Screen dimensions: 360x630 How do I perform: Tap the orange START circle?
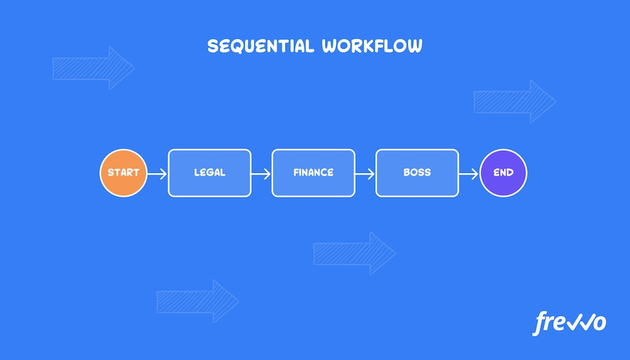pyautogui.click(x=124, y=173)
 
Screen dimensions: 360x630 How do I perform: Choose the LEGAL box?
pyautogui.click(x=210, y=173)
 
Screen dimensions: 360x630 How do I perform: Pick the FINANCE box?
pyautogui.click(x=314, y=173)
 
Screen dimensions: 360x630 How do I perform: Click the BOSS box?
pyautogui.click(x=417, y=173)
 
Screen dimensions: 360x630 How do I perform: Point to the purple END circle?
pyautogui.click(x=503, y=173)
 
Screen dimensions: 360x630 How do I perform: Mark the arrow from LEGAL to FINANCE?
pyautogui.click(x=261, y=174)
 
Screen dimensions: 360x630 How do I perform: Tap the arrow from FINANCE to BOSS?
pyautogui.click(x=365, y=174)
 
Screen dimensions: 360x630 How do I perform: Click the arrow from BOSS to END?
pyautogui.click(x=469, y=174)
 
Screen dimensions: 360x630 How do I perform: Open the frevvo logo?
pyautogui.click(x=569, y=323)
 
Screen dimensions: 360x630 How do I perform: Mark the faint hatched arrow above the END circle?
pyautogui.click(x=514, y=101)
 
